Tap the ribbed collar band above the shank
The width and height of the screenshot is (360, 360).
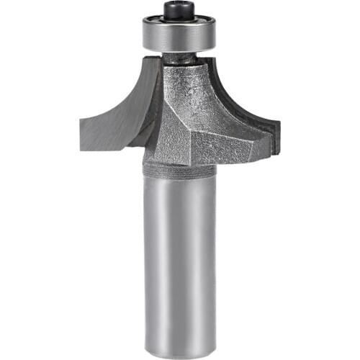[x=180, y=170]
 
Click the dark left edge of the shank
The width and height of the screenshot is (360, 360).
[x=147, y=259]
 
